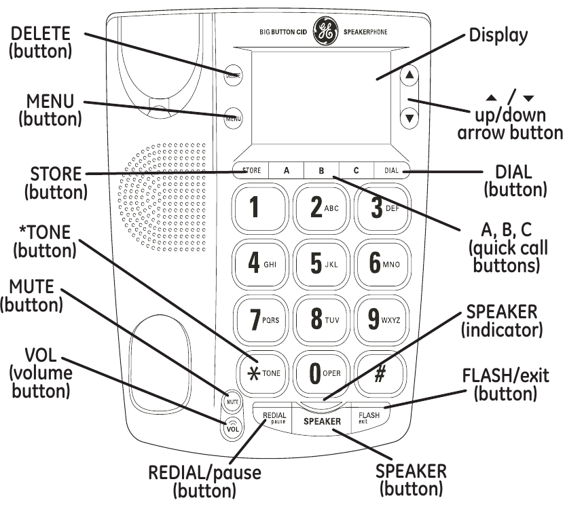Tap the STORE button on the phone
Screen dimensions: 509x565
(251, 170)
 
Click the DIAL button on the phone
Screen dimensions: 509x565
(392, 170)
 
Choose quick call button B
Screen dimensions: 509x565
(321, 170)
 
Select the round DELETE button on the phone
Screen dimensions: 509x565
(233, 76)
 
